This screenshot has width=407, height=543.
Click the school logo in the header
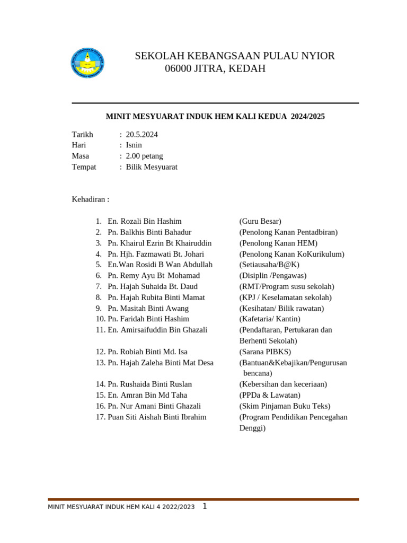[x=87, y=63]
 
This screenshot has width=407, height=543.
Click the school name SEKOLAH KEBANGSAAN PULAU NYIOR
[x=235, y=56]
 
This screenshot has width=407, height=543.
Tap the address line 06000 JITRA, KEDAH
[x=215, y=69]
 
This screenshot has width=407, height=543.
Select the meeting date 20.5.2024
[x=141, y=135]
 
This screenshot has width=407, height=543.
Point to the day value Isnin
[x=134, y=145]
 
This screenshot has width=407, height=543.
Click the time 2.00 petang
[x=144, y=156]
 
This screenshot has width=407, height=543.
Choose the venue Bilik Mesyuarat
[x=152, y=167]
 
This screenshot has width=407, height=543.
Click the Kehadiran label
[x=90, y=199]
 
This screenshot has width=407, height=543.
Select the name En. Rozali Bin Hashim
[x=144, y=221]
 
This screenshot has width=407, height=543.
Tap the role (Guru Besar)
[x=260, y=221]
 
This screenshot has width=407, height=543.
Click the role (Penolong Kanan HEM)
[x=278, y=243]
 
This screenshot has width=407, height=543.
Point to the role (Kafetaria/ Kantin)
[x=270, y=319]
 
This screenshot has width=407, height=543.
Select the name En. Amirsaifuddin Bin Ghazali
[x=157, y=330]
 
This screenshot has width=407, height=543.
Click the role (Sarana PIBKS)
[x=265, y=352]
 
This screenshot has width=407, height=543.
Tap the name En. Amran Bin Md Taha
[x=147, y=395]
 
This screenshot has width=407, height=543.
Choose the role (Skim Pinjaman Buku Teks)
[x=285, y=406]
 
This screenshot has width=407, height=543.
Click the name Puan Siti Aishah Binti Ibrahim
[x=157, y=417]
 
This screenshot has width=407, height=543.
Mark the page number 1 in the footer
[x=205, y=506]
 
